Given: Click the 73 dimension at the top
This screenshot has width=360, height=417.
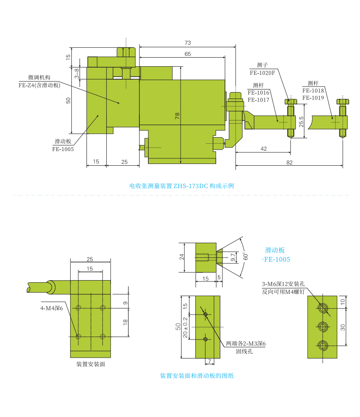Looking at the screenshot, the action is coord(188,43).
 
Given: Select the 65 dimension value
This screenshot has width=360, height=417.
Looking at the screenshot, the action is coord(188,54).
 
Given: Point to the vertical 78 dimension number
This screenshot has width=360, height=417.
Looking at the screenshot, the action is coord(177,116).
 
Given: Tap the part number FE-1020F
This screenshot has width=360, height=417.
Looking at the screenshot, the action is coord(262,73).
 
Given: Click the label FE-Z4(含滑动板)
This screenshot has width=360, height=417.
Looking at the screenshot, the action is coord(39,85).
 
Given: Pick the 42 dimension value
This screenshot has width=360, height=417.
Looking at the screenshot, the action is coord(264,149).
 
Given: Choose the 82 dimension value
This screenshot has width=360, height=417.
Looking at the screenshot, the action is coord(289,163).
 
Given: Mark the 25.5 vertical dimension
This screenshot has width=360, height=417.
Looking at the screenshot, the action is coord(301,122).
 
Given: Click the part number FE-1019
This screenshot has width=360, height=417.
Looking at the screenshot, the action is coord(313,98).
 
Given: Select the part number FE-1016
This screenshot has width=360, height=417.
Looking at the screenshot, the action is coord(258,93).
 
